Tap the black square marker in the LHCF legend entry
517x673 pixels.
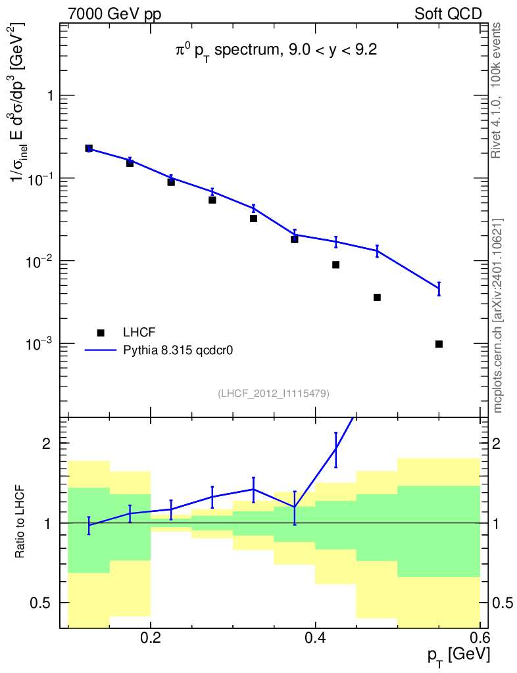tap(101, 332)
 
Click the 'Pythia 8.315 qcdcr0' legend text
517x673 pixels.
tap(179, 350)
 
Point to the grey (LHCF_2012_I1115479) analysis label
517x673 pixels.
tap(274, 394)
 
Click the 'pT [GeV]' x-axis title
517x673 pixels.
tap(458, 655)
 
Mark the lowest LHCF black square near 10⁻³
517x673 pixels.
tap(439, 344)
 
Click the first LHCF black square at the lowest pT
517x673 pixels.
tap(89, 149)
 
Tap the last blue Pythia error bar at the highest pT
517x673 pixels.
tap(439, 289)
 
